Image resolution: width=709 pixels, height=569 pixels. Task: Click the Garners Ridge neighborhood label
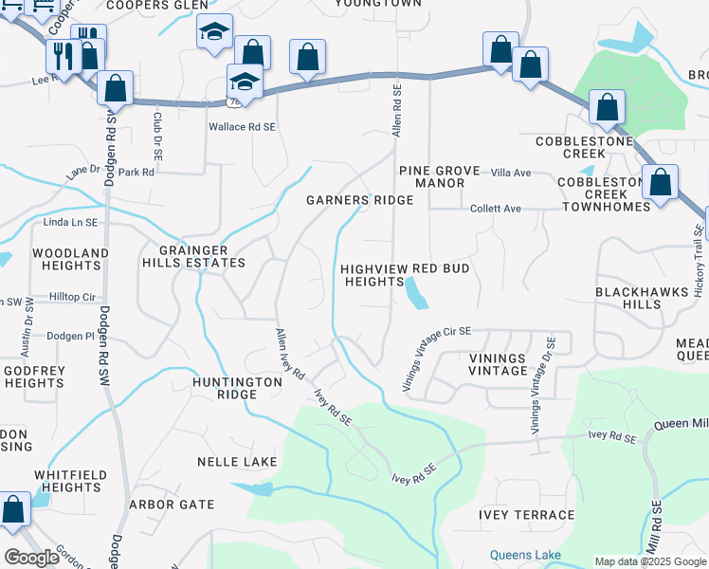(359, 200)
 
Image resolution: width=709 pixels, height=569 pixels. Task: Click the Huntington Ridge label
(237, 388)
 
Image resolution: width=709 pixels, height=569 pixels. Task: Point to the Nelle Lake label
(237, 462)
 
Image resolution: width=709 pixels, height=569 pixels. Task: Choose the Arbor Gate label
(172, 505)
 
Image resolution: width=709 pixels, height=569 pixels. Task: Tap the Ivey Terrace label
(526, 515)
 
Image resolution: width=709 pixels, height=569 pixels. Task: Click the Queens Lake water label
(525, 555)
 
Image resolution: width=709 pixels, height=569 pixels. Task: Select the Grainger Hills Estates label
(194, 256)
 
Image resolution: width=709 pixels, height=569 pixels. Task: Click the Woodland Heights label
(70, 260)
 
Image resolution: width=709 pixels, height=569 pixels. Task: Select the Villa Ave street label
(511, 173)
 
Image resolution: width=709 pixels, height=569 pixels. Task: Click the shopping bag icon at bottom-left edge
(14, 509)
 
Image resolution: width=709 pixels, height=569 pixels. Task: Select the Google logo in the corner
(31, 557)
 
